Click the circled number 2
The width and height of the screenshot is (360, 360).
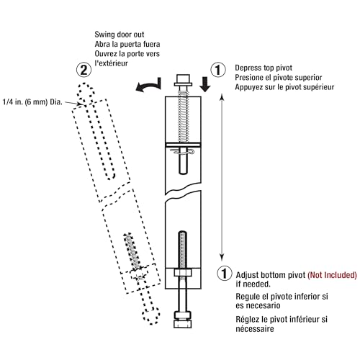pos(84,70)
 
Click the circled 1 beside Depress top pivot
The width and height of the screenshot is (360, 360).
pos(215,70)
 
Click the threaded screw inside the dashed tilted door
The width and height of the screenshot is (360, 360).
pos(133,252)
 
